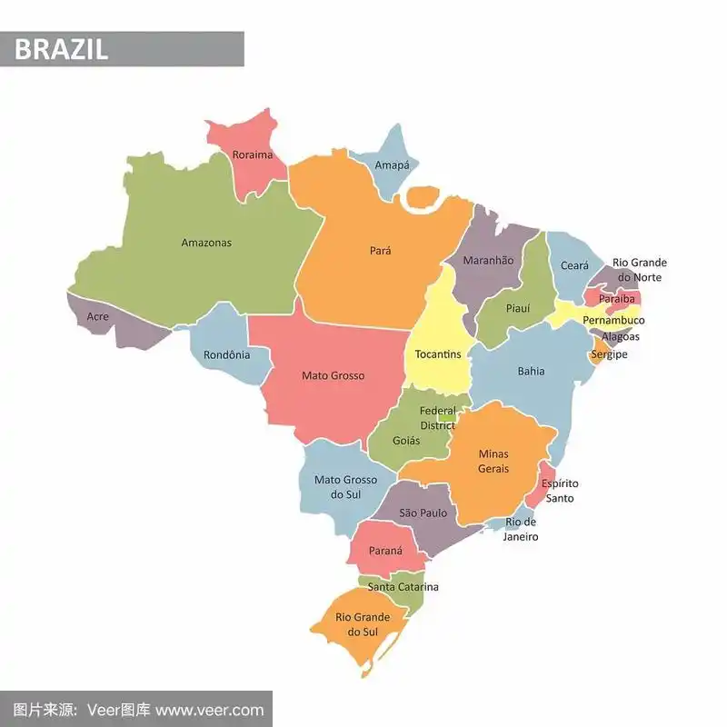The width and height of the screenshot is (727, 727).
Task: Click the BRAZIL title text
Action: [61, 49]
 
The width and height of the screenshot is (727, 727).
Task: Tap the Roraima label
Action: [252, 154]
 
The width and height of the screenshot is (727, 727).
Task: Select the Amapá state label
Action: [392, 165]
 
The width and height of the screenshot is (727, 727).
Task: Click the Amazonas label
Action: [206, 243]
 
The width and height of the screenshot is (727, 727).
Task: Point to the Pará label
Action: [381, 250]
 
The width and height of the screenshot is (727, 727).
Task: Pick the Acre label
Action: [97, 317]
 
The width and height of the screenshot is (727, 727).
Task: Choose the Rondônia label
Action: [226, 354]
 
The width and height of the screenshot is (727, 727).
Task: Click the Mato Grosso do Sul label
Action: [345, 487]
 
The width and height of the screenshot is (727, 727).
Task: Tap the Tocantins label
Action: [438, 354]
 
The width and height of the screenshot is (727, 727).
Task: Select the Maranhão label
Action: [488, 261]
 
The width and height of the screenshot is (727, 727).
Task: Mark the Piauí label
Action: [518, 308]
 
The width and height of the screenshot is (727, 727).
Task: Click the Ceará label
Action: [574, 265]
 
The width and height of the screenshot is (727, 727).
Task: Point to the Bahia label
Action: [532, 371]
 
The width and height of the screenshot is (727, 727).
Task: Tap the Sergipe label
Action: [609, 354]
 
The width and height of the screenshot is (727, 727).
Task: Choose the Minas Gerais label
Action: [493, 461]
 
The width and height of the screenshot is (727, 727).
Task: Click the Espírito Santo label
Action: [560, 491]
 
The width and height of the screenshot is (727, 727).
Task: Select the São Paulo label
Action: [423, 513]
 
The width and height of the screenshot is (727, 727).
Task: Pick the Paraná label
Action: [385, 550]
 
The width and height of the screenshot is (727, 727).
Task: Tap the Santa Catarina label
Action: [403, 587]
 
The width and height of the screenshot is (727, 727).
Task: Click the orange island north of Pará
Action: [422, 197]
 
